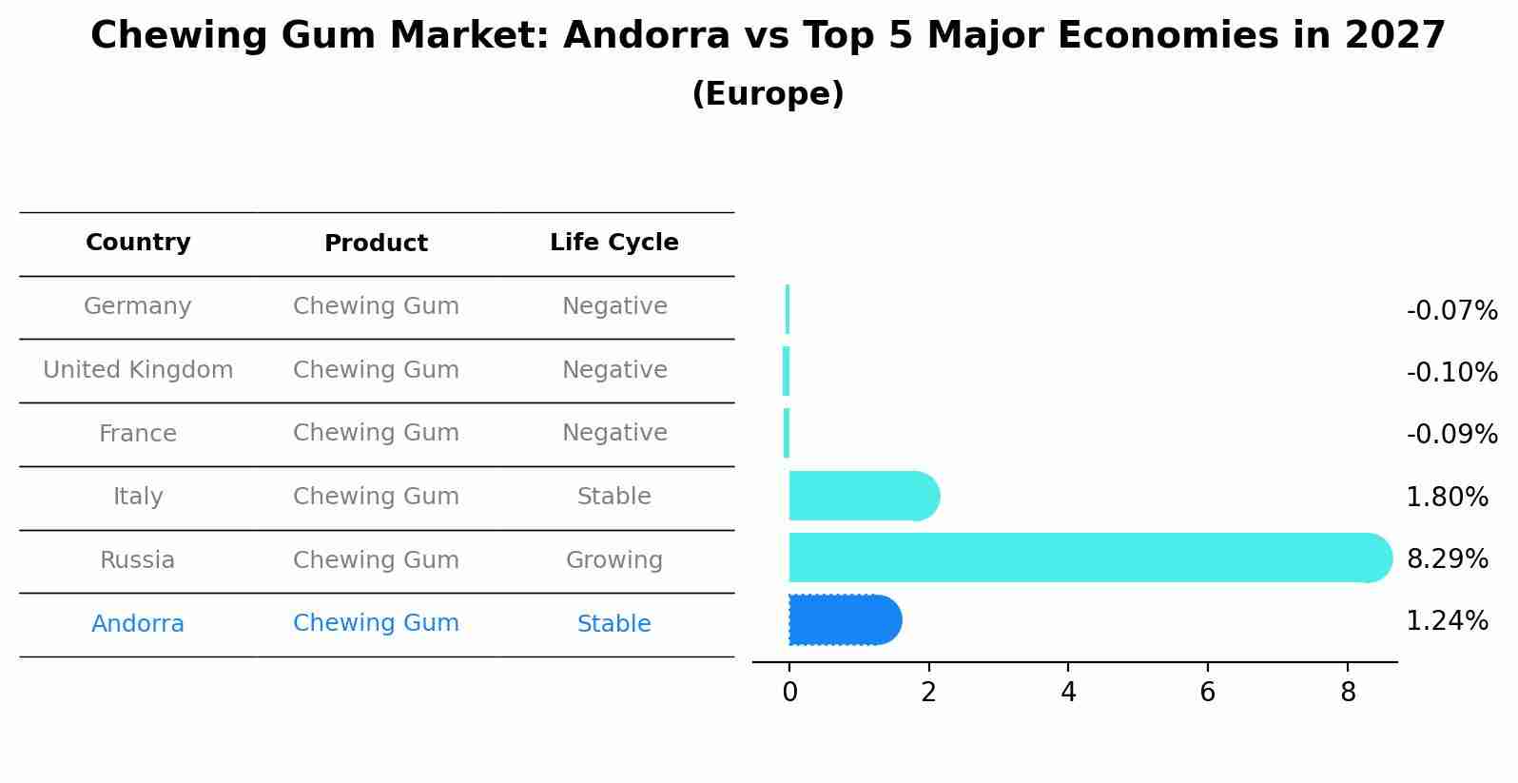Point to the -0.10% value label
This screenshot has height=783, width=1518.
(x=1451, y=373)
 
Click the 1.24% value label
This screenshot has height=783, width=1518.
(x=1447, y=621)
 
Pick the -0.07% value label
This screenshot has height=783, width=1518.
(x=1451, y=311)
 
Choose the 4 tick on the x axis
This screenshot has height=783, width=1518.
(x=1068, y=693)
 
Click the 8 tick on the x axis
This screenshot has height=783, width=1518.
(x=1348, y=693)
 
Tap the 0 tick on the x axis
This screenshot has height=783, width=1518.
(x=789, y=693)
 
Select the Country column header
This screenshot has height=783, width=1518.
(x=138, y=243)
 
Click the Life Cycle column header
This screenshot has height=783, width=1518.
(x=614, y=243)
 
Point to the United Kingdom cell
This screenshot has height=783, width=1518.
(x=138, y=370)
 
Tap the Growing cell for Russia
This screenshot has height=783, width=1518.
(x=614, y=560)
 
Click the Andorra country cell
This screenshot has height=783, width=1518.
(x=138, y=624)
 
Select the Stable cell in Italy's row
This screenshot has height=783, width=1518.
(x=614, y=497)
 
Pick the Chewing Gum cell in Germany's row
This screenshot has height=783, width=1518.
(x=376, y=306)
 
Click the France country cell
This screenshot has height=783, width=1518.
(x=138, y=434)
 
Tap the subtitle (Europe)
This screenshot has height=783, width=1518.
(x=768, y=94)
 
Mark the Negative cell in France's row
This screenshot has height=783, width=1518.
(x=614, y=433)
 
